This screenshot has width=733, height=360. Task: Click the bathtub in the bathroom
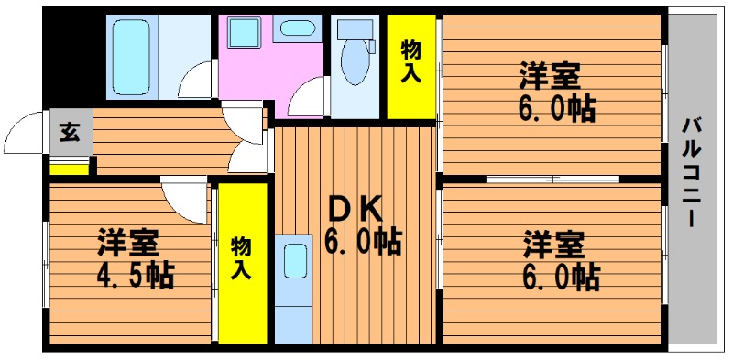point(131,57)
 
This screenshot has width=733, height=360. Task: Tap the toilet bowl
point(355,61)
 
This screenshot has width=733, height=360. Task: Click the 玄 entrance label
point(70,132)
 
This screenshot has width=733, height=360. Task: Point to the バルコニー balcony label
point(691,173)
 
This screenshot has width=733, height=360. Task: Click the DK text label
point(355,209)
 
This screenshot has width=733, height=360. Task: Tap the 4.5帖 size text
point(135,276)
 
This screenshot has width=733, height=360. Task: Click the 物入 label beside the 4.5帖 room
point(241,257)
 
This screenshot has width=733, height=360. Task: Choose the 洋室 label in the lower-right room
point(553,244)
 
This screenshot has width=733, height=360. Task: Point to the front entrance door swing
point(25,133)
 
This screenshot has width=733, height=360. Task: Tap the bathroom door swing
point(195,80)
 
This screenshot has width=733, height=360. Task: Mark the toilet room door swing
point(306,97)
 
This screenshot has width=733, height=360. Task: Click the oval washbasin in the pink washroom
point(297,27)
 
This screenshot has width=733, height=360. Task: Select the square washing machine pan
point(245,32)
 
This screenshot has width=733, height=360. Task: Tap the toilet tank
point(356,30)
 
